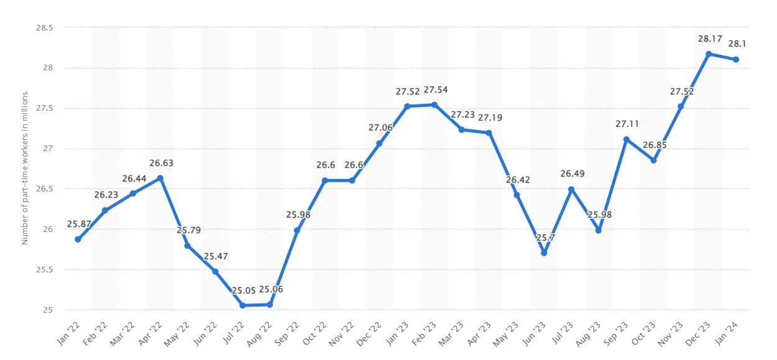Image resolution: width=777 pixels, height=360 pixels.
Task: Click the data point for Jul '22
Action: (x=242, y=305)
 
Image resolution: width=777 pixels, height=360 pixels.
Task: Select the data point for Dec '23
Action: (x=709, y=53)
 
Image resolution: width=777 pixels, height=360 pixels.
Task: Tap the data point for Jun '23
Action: (x=544, y=253)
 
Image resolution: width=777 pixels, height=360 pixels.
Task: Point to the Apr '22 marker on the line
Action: (x=160, y=178)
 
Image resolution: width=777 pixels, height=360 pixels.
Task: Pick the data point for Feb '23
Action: (x=434, y=104)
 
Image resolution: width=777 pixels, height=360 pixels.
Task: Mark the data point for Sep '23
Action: (x=626, y=139)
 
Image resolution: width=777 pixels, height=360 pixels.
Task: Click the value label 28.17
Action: (x=709, y=39)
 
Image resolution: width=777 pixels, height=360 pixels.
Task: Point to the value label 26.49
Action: (x=571, y=173)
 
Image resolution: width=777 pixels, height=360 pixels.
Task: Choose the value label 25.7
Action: (x=544, y=238)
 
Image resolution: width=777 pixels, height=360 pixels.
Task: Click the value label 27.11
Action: (x=626, y=124)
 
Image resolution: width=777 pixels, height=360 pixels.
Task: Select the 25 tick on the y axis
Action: (x=48, y=310)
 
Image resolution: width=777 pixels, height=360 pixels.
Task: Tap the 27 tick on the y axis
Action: (x=48, y=149)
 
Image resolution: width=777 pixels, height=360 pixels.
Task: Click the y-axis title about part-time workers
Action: (x=25, y=168)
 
